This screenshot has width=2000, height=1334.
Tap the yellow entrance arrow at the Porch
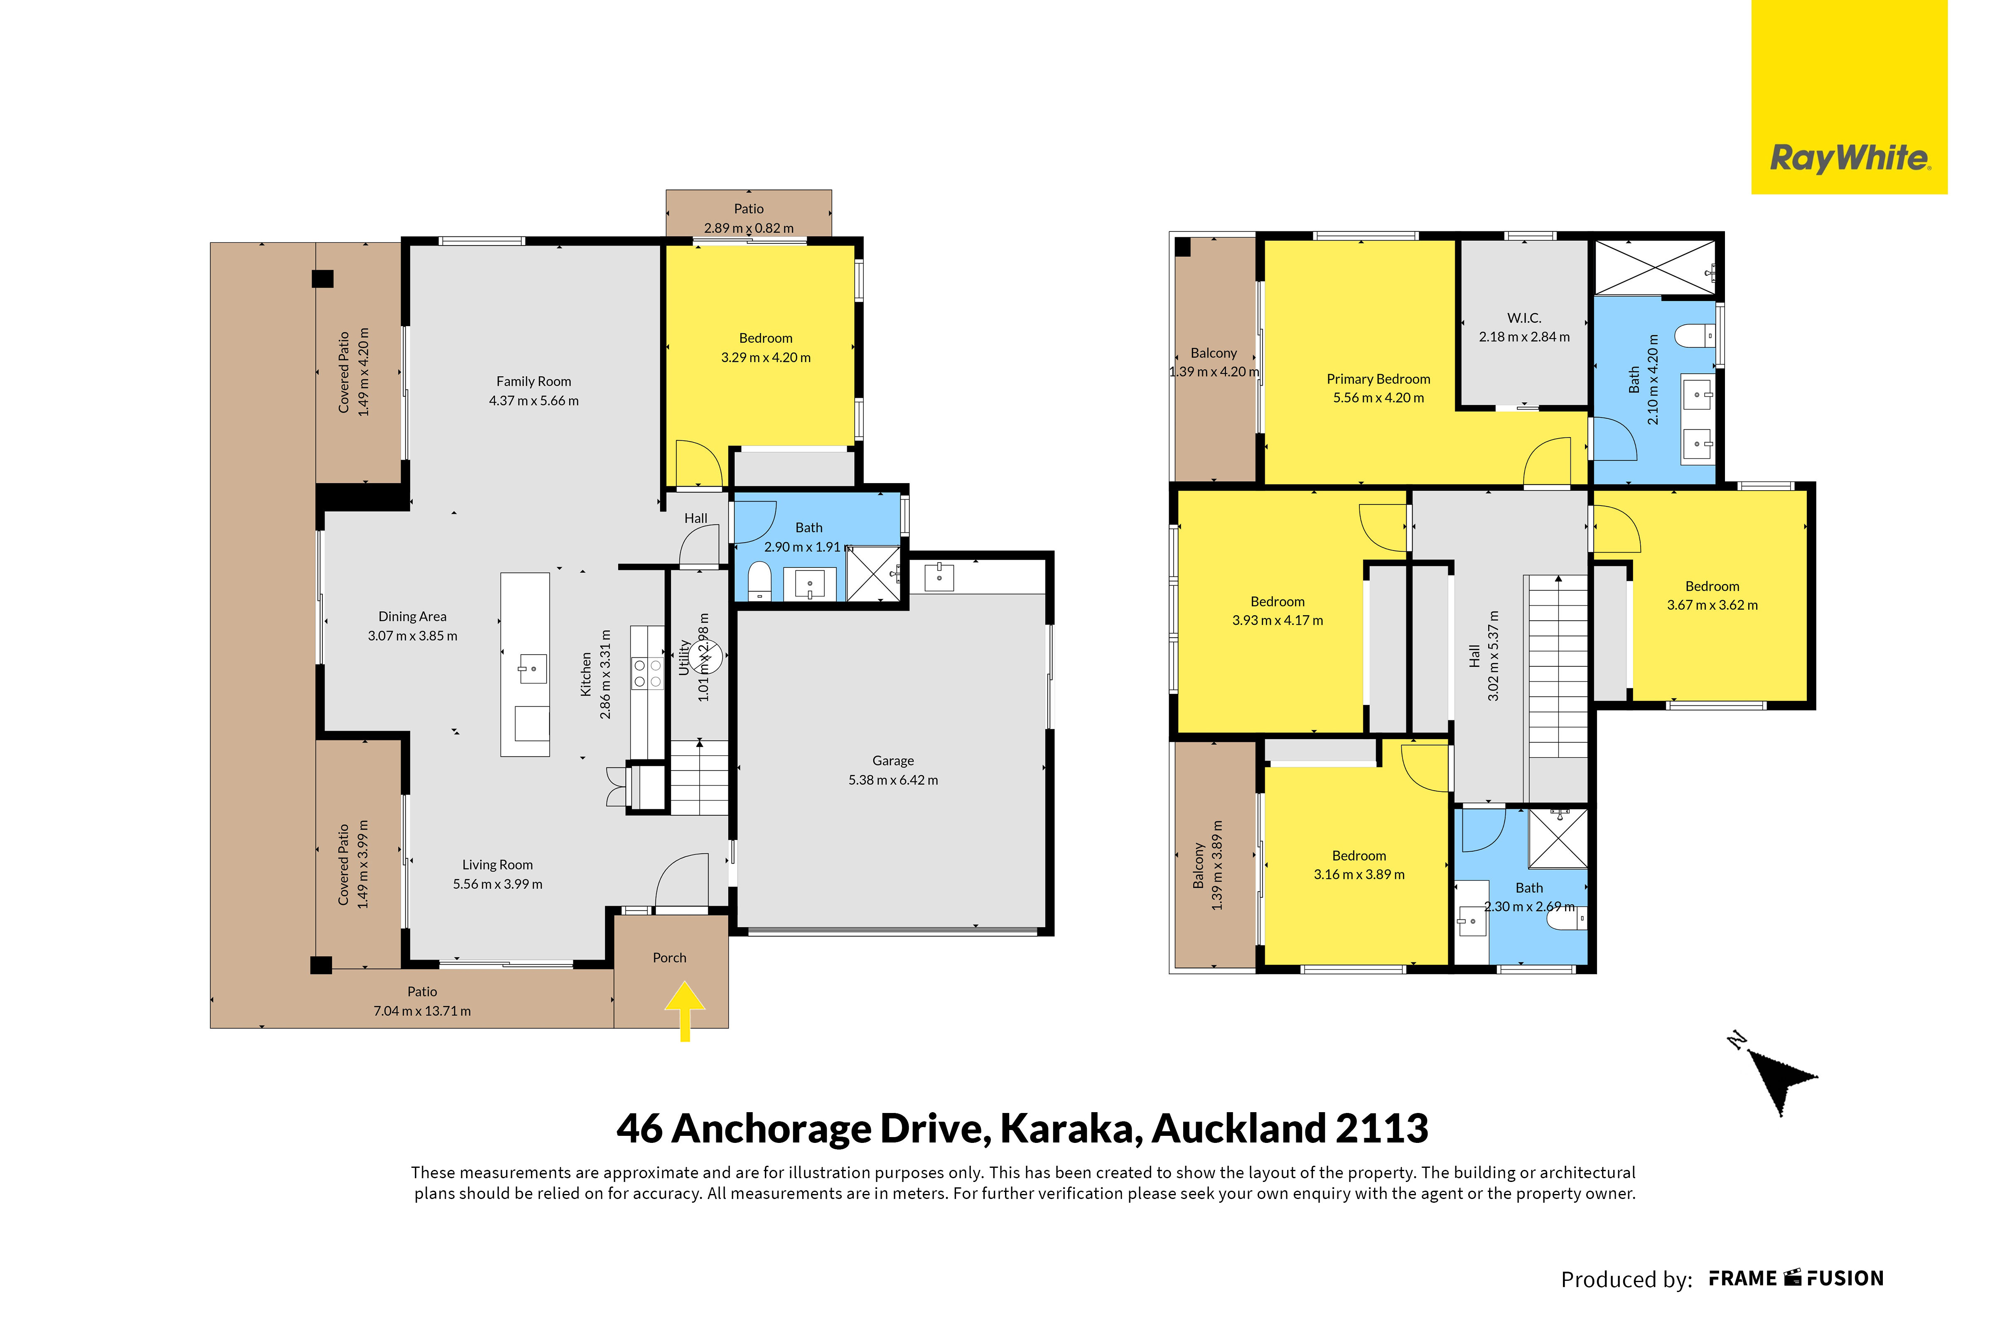click(685, 1011)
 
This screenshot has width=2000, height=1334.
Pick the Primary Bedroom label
click(1378, 378)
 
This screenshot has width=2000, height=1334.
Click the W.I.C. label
click(1523, 317)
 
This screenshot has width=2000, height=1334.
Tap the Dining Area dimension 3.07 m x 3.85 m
click(413, 636)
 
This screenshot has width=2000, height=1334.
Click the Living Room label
click(498, 865)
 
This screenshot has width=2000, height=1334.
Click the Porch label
click(669, 957)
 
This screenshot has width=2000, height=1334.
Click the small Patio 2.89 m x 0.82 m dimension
click(749, 228)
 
